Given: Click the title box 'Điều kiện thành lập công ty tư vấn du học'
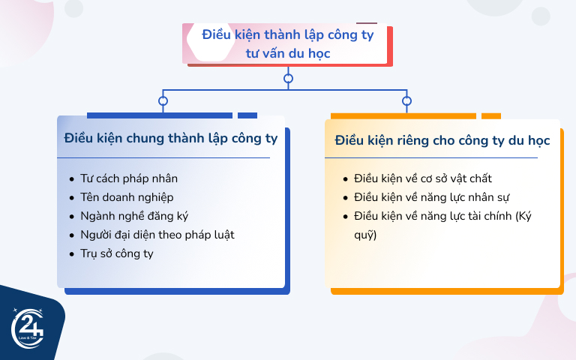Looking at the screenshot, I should click(288, 43).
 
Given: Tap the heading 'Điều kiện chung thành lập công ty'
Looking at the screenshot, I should click(171, 139).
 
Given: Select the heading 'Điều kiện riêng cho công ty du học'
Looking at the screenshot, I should click(442, 140).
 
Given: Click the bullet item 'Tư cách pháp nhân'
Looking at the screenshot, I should click(129, 178).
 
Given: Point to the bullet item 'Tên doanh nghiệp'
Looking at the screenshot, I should click(127, 197).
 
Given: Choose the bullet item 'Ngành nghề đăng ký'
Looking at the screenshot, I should click(133, 216).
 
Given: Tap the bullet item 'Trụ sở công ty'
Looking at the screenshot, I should click(117, 253).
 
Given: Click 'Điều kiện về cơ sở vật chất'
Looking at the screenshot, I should click(422, 178).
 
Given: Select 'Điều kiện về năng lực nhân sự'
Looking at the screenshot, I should click(432, 197).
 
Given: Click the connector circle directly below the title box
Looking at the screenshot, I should click(288, 78).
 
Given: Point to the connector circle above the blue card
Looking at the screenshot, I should click(163, 100).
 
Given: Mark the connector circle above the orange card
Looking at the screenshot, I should click(406, 100).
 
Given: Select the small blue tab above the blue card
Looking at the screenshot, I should click(247, 115).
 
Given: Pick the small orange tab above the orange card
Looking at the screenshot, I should click(490, 115).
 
